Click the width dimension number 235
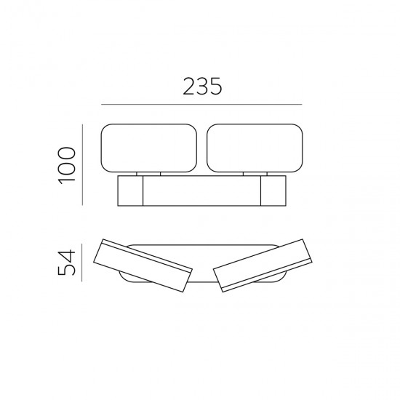tap(200, 87)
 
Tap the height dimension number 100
tap(66, 166)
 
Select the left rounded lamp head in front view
tap(148, 148)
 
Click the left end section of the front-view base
tap(129, 192)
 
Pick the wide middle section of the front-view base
tap(201, 192)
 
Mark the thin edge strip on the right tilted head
tap(264, 280)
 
